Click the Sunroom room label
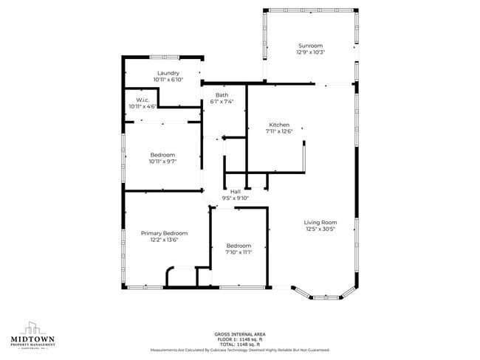[x=310, y=45]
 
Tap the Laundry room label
[x=168, y=73]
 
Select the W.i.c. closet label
[x=142, y=100]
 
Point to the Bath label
[x=222, y=95]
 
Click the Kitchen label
[x=278, y=125]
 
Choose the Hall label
[x=236, y=192]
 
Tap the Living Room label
[x=320, y=222]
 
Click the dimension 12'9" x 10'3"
[x=310, y=52]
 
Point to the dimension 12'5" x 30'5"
[x=320, y=229]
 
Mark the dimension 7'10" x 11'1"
[x=239, y=252]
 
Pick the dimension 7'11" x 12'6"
[x=278, y=131]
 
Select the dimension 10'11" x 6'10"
[x=168, y=80]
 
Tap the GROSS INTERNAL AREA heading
[x=239, y=334]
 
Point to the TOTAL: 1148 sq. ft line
[x=239, y=345]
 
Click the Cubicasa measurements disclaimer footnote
[x=239, y=350]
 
